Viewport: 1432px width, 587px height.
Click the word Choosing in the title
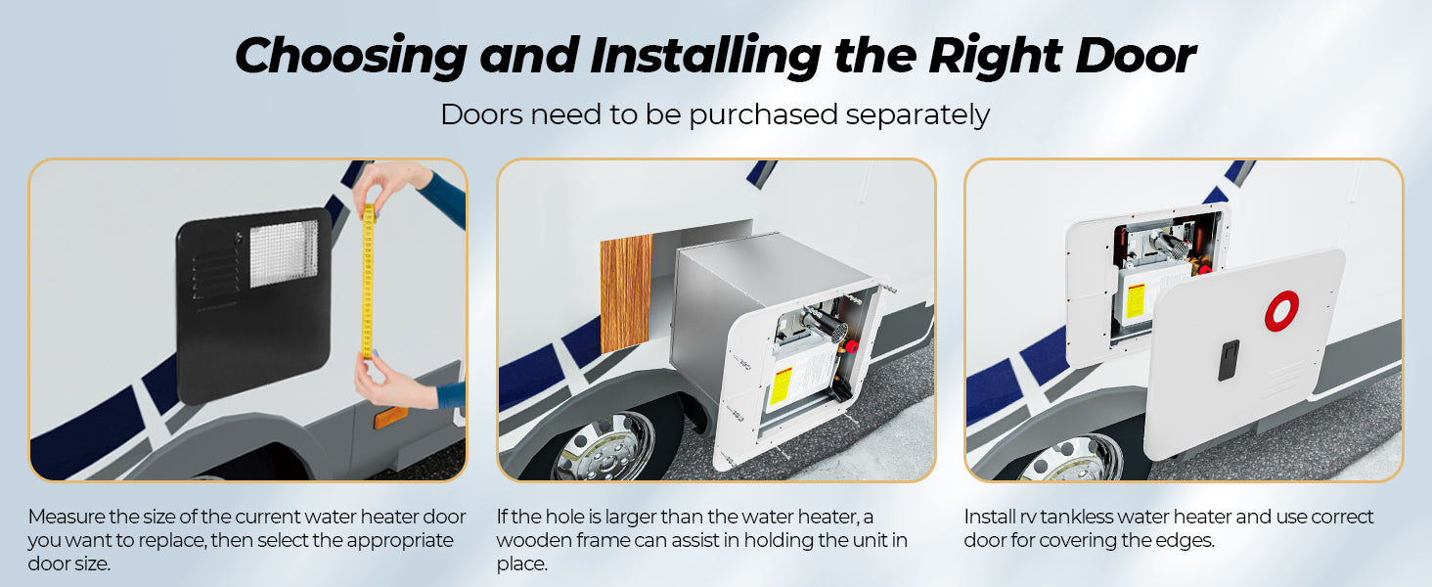click(351, 57)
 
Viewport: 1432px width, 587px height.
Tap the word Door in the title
click(1135, 57)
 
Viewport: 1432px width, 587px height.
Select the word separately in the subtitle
click(918, 115)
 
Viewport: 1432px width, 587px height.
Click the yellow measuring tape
click(368, 282)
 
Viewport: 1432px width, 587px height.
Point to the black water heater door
click(253, 305)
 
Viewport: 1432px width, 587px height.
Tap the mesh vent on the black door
click(284, 253)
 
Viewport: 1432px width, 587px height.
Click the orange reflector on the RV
click(390, 417)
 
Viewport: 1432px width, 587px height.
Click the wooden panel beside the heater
click(626, 293)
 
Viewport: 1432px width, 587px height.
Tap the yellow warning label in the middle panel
click(782, 385)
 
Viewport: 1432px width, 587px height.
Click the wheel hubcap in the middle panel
click(604, 448)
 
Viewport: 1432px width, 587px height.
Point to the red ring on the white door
click(1281, 311)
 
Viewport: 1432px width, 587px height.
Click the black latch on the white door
click(1229, 361)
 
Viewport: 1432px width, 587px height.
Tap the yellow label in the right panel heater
click(1136, 301)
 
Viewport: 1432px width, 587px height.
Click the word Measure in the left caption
click(67, 516)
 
